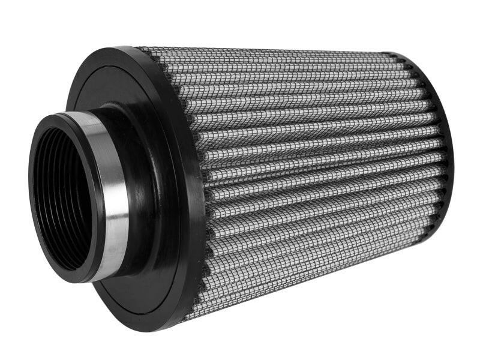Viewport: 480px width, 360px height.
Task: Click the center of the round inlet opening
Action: tap(63, 198)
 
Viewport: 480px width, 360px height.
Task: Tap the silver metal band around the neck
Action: tap(114, 198)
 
